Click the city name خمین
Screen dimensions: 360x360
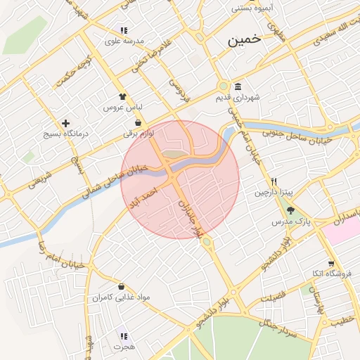click(x=244, y=41)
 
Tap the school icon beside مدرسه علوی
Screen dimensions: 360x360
click(x=124, y=30)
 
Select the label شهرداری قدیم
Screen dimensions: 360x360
click(x=238, y=98)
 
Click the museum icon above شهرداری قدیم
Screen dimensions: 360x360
click(x=238, y=86)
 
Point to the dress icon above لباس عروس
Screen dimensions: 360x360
click(x=123, y=97)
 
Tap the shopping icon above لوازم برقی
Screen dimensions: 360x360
click(x=137, y=122)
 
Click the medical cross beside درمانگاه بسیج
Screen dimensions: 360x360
click(x=66, y=123)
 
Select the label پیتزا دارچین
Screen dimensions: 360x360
click(x=271, y=192)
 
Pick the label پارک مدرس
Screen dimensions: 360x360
click(x=291, y=221)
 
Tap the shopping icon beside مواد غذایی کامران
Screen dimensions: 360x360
click(x=123, y=286)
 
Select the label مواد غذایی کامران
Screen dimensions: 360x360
click(x=121, y=297)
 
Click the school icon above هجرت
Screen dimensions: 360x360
click(x=124, y=336)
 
